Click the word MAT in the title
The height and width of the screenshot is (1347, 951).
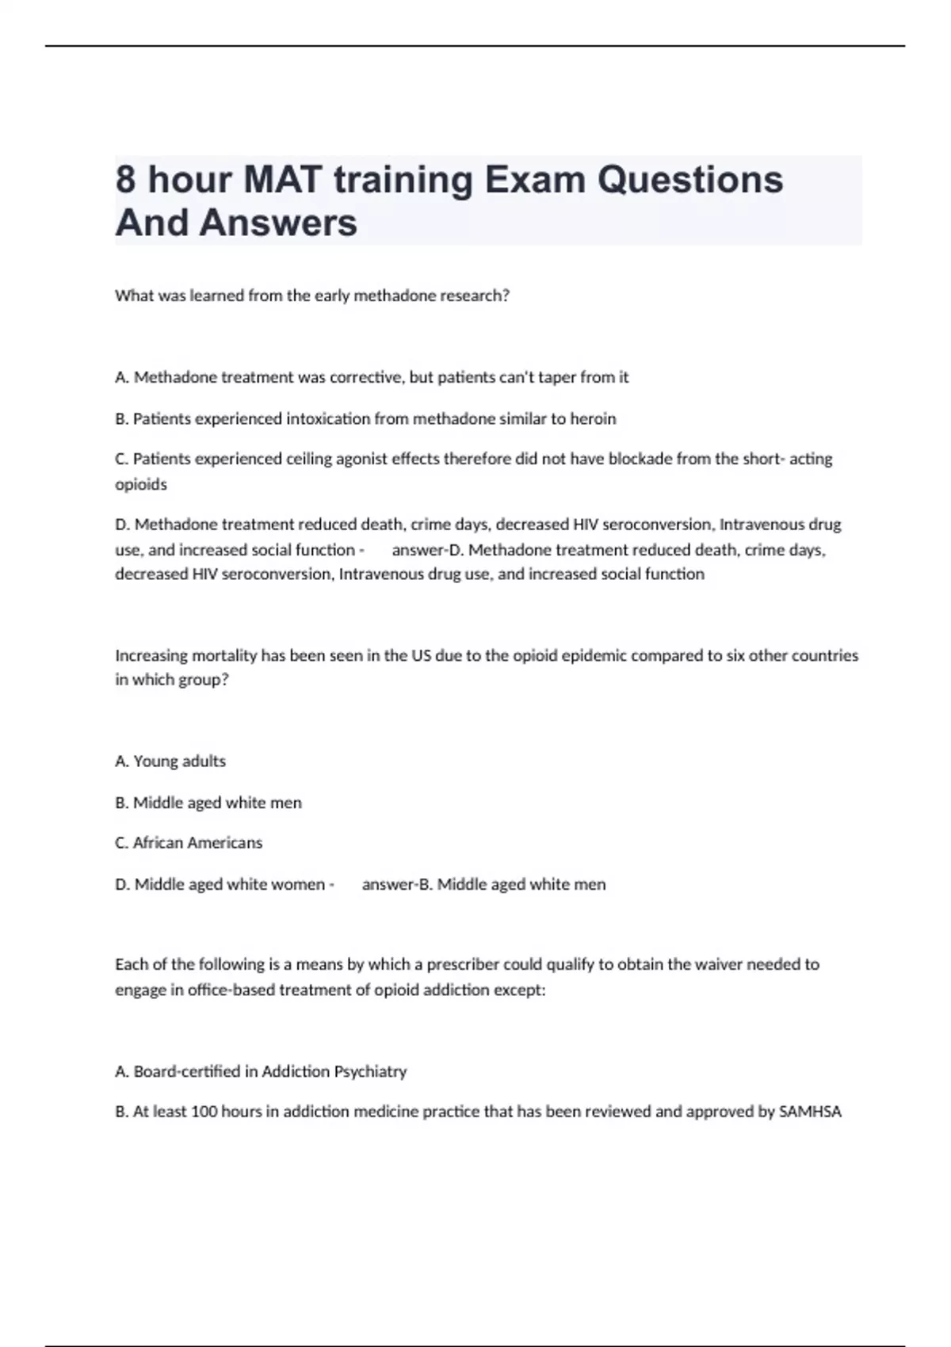tap(282, 180)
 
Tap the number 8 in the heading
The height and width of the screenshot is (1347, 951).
tap(126, 180)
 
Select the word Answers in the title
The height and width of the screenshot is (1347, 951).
tap(278, 223)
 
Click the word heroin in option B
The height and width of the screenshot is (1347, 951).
tap(593, 418)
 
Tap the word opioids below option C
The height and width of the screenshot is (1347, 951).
tap(141, 484)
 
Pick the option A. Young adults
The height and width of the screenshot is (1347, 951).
tap(170, 761)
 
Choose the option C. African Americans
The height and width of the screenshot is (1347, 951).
tap(189, 843)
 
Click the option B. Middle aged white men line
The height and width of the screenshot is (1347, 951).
tap(208, 803)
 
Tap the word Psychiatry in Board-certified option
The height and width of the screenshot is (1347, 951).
tap(370, 1071)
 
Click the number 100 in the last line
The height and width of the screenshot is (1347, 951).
tap(204, 1112)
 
